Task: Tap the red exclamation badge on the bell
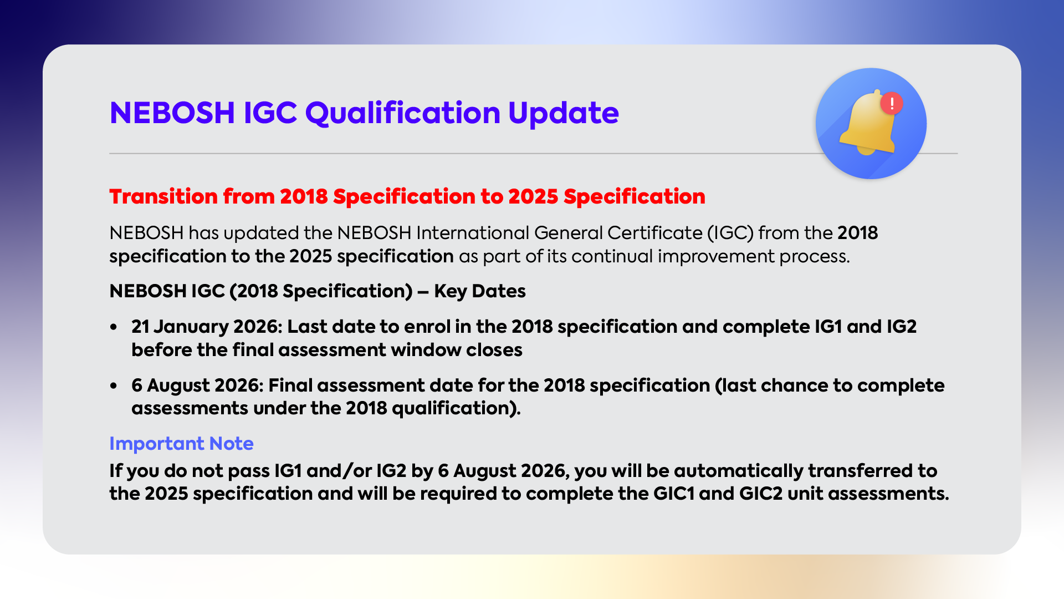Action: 892,103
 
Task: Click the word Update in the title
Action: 563,113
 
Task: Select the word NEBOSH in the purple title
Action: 172,113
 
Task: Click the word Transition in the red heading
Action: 163,197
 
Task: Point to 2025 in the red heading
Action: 533,197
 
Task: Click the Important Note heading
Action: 181,444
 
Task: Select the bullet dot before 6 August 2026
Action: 114,385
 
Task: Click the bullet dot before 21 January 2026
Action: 114,327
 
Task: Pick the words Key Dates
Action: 479,291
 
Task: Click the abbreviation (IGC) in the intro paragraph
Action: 730,233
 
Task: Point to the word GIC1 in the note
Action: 674,494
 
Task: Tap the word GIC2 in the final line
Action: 761,494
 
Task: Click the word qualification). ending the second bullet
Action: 456,409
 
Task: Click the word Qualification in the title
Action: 403,113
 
